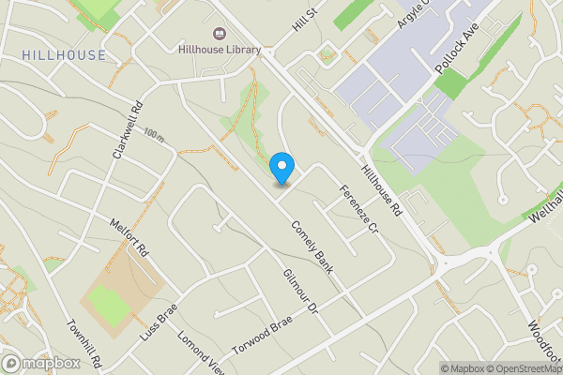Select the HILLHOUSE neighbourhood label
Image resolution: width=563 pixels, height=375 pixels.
(64, 55)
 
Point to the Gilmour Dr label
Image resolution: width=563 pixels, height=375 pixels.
(300, 292)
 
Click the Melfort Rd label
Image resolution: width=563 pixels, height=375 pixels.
(129, 238)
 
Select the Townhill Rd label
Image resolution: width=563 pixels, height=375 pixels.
(84, 345)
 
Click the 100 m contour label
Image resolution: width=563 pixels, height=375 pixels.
(155, 135)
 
